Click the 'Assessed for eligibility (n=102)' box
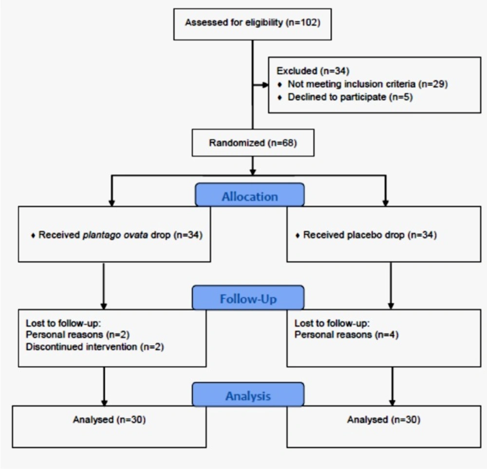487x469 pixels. click(252, 23)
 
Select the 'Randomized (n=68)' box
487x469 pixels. click(252, 143)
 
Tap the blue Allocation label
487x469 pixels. click(249, 197)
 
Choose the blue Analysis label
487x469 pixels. click(248, 396)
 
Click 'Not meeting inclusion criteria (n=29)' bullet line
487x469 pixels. click(367, 84)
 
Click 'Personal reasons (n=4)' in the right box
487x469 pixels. click(347, 335)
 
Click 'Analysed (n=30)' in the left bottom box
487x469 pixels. click(109, 419)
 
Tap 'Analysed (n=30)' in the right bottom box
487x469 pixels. click(383, 419)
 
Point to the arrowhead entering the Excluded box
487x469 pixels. click(265, 85)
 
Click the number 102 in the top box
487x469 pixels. click(312, 23)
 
